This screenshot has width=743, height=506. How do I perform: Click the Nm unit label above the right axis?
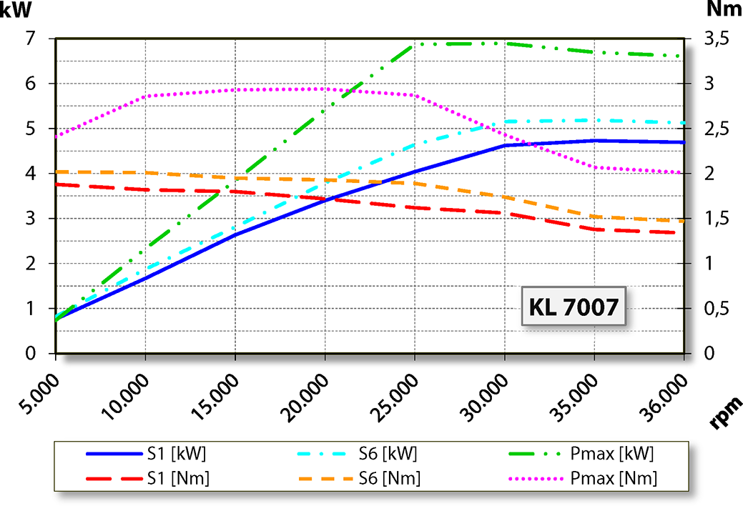click(x=722, y=10)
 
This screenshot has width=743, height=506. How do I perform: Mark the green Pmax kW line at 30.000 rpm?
click(x=505, y=43)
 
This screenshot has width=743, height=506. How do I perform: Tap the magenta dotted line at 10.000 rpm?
click(x=146, y=95)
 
